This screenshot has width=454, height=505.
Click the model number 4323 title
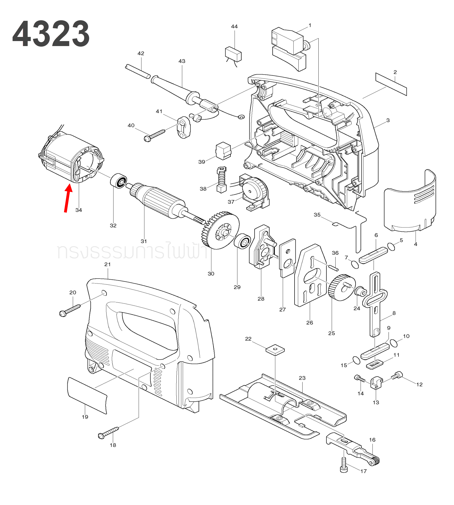click(51, 34)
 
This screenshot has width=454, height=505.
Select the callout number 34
click(79, 210)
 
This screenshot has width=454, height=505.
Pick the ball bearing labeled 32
click(119, 181)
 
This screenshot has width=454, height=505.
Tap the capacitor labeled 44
click(233, 54)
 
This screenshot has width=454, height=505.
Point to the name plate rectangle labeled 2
click(391, 84)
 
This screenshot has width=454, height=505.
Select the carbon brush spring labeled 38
click(222, 180)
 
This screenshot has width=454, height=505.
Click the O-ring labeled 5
click(391, 246)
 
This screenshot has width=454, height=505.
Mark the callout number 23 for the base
click(302, 378)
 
